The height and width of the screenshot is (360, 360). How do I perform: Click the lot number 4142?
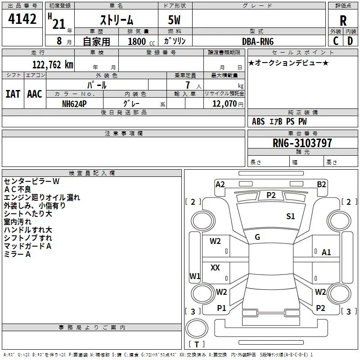tap(22, 19)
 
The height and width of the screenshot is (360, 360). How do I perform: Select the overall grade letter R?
tap(343, 21)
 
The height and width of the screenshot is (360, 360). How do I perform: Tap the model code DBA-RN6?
tap(258, 41)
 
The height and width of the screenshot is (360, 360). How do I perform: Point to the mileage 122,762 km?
tap(53, 65)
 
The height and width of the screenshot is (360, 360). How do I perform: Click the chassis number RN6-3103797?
tap(302, 143)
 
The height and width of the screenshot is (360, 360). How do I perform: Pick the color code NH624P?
tap(74, 104)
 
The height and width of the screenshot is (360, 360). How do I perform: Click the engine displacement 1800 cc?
tap(141, 41)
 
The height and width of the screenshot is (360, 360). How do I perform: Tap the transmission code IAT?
tap(13, 94)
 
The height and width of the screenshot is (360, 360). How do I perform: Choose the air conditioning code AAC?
tap(35, 94)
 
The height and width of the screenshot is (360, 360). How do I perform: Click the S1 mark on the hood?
tap(290, 216)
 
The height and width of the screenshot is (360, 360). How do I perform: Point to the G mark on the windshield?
tap(257, 237)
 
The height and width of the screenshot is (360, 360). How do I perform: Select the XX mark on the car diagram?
tap(215, 267)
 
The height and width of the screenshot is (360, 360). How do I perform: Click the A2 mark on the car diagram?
tap(220, 184)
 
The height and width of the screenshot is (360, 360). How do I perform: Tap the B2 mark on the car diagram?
tap(321, 184)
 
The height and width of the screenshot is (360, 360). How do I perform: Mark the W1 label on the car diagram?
tap(195, 276)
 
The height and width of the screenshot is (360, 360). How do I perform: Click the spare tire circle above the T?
tap(197, 328)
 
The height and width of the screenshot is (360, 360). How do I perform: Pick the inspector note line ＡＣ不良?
tap(18, 189)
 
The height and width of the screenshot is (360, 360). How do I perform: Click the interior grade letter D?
tap(350, 41)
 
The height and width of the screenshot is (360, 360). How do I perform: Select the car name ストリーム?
tap(117, 20)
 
